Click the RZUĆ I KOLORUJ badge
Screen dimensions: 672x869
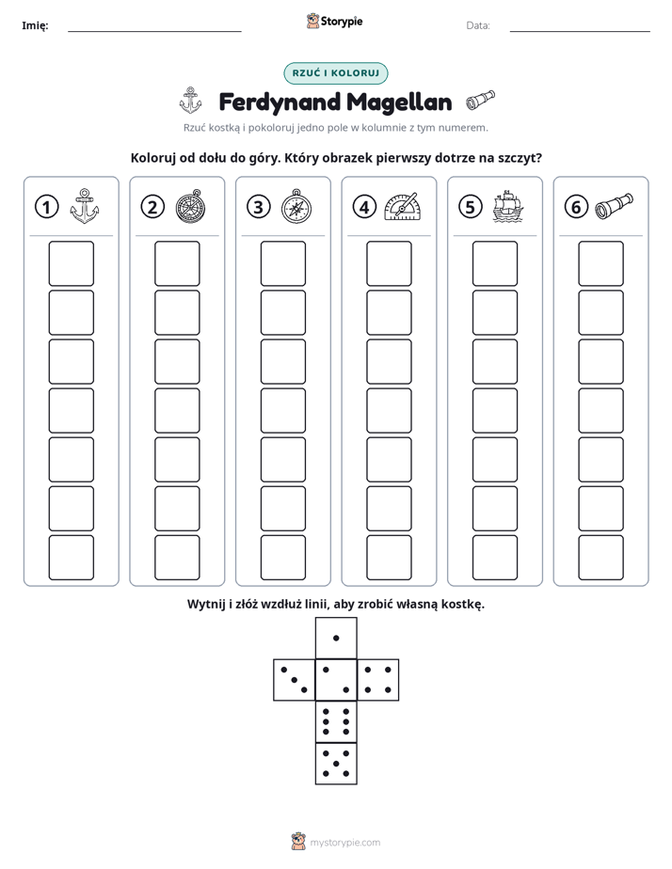335,73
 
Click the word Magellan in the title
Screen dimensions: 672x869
399,102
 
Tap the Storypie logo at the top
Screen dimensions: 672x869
334,22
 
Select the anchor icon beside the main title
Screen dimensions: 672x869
190,101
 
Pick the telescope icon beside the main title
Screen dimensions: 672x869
480,100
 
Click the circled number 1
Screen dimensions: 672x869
46,207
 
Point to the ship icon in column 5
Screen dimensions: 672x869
508,207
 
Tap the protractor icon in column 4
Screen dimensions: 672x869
403,207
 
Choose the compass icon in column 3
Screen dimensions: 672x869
296,206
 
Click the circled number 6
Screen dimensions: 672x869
576,207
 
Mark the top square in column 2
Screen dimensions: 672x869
177,263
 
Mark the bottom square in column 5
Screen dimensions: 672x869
495,558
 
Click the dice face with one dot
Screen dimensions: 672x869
336,639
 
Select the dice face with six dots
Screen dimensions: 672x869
336,721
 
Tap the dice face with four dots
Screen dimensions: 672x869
378,680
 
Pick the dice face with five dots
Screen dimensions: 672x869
336,764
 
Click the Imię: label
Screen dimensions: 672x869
35,26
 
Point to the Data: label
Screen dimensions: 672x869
478,25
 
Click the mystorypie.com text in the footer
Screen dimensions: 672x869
344,843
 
